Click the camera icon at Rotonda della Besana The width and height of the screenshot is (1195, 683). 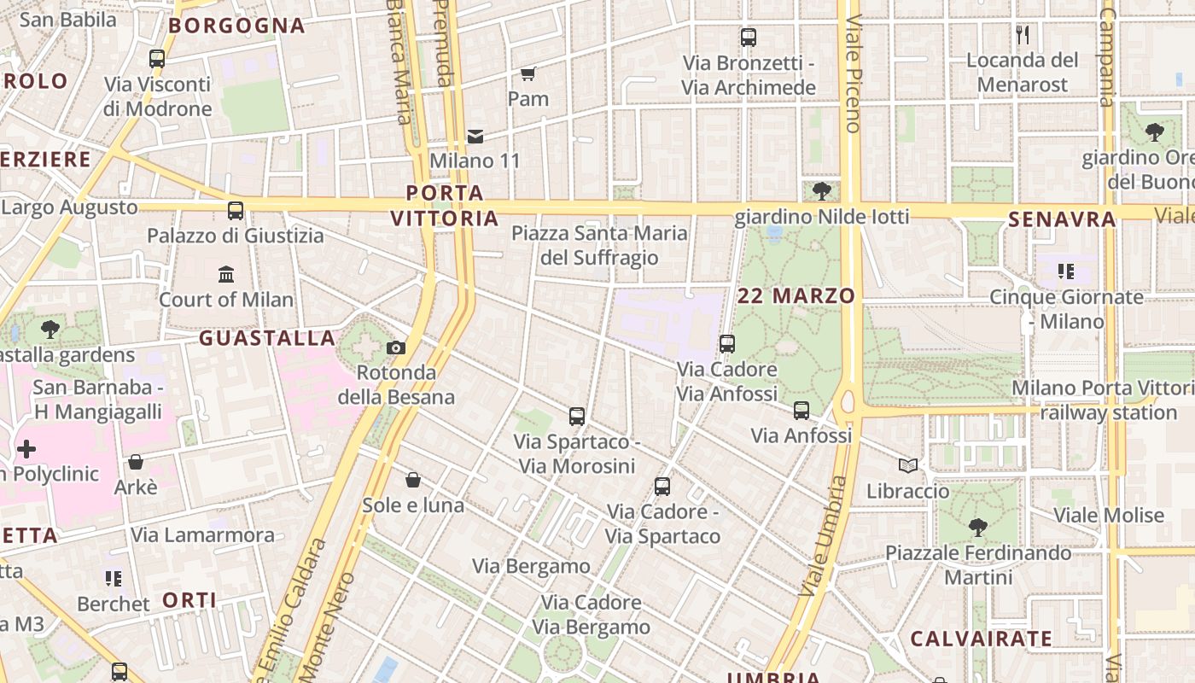point(396,347)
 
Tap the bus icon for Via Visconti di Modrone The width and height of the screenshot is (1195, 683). point(157,59)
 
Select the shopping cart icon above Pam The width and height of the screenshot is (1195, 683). point(528,73)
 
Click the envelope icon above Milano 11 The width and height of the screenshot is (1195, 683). point(475,136)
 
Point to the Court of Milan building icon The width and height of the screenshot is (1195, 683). point(226,274)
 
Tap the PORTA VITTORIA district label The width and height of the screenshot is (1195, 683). point(445,206)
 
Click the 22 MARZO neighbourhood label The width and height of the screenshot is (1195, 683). point(796,296)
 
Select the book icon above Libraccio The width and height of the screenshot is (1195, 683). point(908,466)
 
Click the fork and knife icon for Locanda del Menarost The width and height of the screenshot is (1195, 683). point(1023,35)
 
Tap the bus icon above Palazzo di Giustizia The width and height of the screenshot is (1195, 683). point(236,210)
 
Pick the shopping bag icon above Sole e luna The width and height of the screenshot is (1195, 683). point(413,480)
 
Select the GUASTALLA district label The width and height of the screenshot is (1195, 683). point(267,339)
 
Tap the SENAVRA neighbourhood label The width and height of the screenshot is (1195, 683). point(1062,220)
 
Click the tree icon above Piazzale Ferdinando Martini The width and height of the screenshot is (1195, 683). point(978,528)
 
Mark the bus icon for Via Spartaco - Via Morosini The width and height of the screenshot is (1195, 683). point(577,417)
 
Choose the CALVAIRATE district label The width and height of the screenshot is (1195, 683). point(981,639)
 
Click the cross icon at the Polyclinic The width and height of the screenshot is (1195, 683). point(26,448)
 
